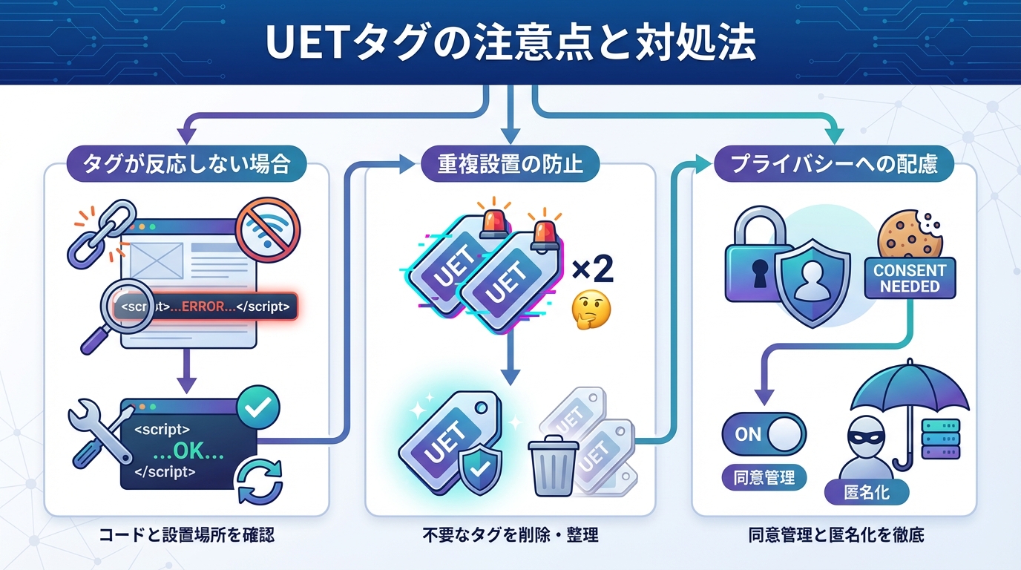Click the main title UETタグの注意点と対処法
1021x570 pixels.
[x=510, y=43]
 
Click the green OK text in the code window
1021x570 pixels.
[x=188, y=451]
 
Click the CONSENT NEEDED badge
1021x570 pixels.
[x=909, y=278]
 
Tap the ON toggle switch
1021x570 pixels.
[x=764, y=434]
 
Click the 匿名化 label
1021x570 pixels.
[x=866, y=492]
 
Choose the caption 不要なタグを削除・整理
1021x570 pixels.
[x=510, y=534]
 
